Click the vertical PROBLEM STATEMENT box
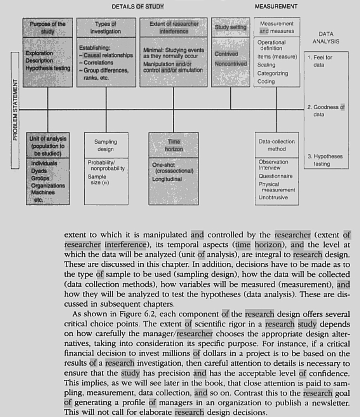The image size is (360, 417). tap(15, 110)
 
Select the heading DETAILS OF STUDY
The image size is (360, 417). tap(137, 7)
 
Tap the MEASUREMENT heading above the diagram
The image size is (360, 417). tap(276, 7)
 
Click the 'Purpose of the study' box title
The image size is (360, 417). tap(48, 28)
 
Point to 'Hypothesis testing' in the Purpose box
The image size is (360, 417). tap(48, 68)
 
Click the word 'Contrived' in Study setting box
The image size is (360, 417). tap(226, 54)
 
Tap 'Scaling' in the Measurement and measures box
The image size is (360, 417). tap(266, 65)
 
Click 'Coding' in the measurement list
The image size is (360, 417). tap(266, 82)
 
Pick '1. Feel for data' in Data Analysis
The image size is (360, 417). tap(320, 61)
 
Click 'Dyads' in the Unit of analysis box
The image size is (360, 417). tap(39, 171)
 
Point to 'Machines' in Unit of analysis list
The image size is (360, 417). tap(43, 192)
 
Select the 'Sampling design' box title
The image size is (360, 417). tap(106, 146)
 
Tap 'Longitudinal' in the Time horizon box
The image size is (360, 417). tap(167, 179)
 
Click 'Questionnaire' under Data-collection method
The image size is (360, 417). tap(275, 176)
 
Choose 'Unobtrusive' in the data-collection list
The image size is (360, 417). tap(273, 197)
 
